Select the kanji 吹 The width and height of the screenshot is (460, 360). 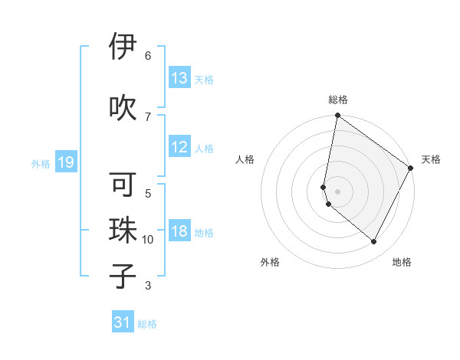(x=123, y=106)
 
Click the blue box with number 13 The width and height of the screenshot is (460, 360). (x=179, y=78)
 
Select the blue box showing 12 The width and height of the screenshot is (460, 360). (x=179, y=148)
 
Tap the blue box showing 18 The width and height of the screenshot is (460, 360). (x=179, y=233)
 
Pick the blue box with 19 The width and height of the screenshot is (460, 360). (x=65, y=162)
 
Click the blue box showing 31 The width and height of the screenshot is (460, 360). (x=123, y=323)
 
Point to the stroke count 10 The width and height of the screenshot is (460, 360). (x=148, y=240)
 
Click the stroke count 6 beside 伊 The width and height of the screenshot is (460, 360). (x=148, y=56)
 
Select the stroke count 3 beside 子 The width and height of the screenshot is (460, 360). (x=148, y=286)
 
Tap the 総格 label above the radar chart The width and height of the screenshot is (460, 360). (x=338, y=100)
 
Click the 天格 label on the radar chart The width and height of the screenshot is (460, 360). (x=431, y=159)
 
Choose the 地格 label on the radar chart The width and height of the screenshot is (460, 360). (x=402, y=262)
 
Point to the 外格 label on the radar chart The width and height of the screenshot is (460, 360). (x=270, y=262)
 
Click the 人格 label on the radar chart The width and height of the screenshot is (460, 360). (x=245, y=159)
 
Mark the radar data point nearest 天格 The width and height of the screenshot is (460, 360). (x=411, y=169)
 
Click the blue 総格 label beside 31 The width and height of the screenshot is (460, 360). (x=147, y=324)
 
